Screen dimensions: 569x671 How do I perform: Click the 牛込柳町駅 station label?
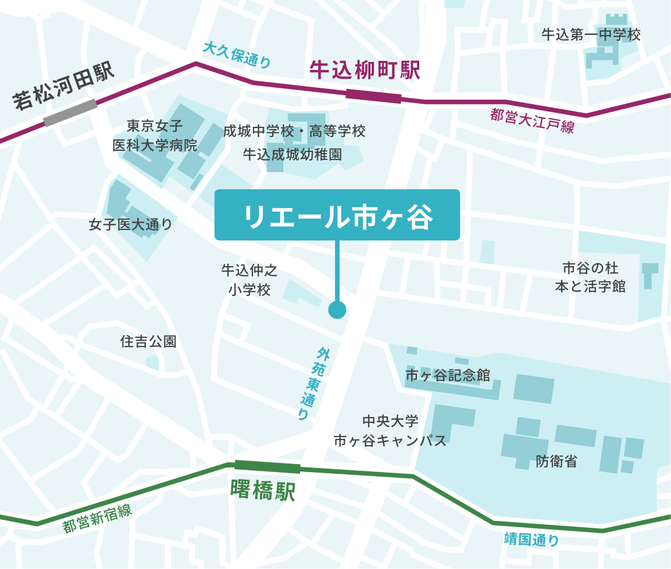click(x=365, y=71)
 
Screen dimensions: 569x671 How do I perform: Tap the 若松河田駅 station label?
click(x=64, y=86)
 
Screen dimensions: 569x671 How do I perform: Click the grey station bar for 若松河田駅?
click(x=71, y=112)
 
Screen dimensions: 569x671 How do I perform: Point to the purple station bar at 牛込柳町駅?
click(x=373, y=96)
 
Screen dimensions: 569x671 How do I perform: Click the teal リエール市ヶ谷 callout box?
click(x=337, y=215)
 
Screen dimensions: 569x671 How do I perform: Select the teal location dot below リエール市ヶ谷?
click(x=337, y=310)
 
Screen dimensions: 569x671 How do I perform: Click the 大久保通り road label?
click(x=236, y=56)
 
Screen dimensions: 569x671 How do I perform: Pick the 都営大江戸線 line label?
click(x=532, y=121)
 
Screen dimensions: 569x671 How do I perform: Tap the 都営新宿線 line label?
click(x=97, y=519)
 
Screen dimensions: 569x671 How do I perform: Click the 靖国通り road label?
click(x=531, y=539)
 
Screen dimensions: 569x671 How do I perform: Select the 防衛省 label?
click(x=556, y=461)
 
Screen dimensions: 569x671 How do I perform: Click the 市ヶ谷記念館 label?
click(x=447, y=376)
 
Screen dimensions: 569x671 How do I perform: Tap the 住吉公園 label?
click(x=148, y=342)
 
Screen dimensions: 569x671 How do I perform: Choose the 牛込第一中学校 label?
click(x=591, y=34)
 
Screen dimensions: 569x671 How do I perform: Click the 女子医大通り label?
click(x=130, y=224)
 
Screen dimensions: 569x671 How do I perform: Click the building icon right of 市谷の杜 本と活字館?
click(x=650, y=275)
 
